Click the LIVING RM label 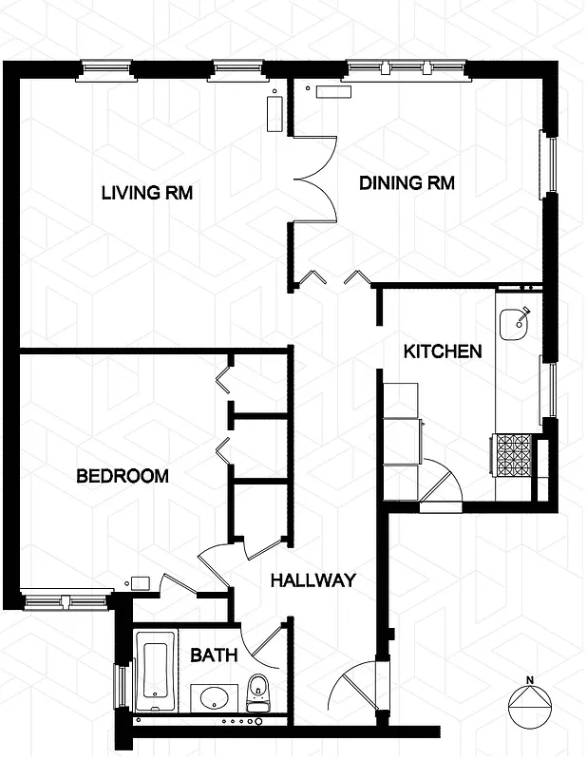(x=147, y=193)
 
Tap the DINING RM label (x=407, y=182)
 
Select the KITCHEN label (x=443, y=351)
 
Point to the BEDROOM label (x=123, y=476)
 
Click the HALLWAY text (x=312, y=580)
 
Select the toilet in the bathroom (x=257, y=693)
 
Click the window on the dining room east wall (x=547, y=164)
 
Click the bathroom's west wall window (x=120, y=685)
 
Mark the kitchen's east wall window (x=547, y=389)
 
